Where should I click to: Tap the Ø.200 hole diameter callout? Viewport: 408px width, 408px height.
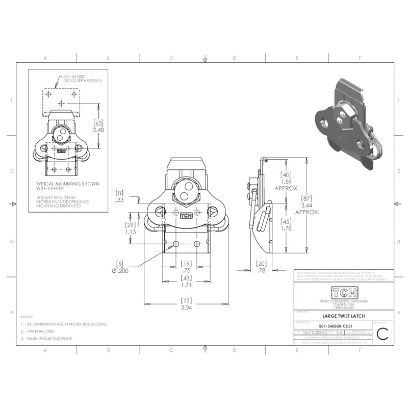pos(120,270)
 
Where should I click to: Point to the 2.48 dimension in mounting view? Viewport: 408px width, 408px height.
pos(98,131)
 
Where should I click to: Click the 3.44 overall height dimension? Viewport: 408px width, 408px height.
pos(307,204)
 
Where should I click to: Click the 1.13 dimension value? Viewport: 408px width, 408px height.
pos(131,231)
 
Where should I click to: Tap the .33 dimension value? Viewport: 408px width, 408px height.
pos(120,200)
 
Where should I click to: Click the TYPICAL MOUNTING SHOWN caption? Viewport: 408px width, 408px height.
pos(67,184)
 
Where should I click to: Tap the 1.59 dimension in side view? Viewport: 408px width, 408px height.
pos(286,182)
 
